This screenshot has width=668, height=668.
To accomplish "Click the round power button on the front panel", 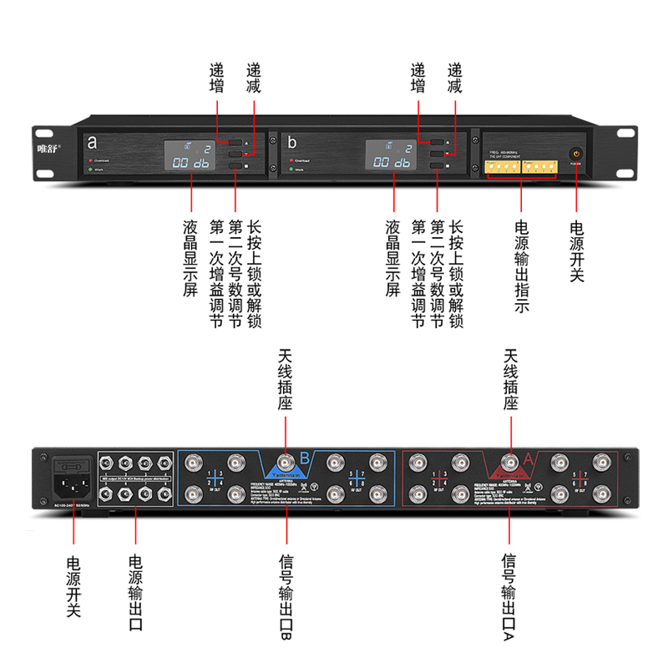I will pyautogui.click(x=576, y=154).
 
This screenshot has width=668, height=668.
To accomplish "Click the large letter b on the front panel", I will pyautogui.click(x=292, y=142).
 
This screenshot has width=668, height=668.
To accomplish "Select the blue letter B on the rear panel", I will pyautogui.click(x=306, y=457).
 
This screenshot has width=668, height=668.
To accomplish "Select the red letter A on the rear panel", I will pyautogui.click(x=528, y=457).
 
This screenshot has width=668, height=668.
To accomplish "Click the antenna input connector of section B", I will pyautogui.click(x=286, y=463).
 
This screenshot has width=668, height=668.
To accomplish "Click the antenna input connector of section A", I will pyautogui.click(x=509, y=463).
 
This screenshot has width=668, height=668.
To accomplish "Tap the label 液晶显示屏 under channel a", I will pyautogui.click(x=190, y=260).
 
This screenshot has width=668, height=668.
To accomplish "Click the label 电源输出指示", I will pyautogui.click(x=522, y=266).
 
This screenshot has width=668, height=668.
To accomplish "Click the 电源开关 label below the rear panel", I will pyautogui.click(x=73, y=584).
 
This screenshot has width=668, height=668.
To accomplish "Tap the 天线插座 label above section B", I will pyautogui.click(x=286, y=380).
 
